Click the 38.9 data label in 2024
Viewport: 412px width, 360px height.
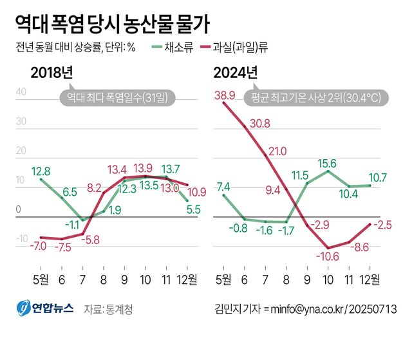click(x=223, y=95)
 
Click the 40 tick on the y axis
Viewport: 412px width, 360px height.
click(x=21, y=91)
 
